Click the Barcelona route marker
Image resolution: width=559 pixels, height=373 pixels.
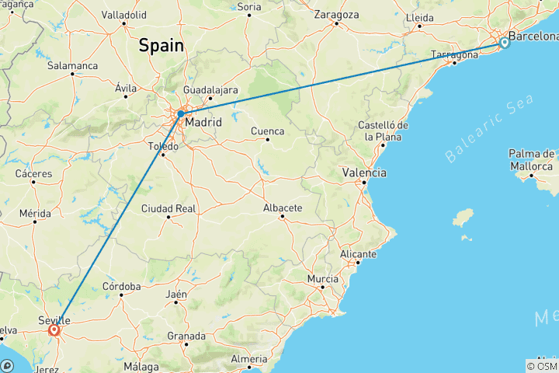pos(504,43)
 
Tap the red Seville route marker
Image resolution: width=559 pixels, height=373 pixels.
pos(54,330)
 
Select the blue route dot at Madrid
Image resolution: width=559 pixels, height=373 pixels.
pos(180,113)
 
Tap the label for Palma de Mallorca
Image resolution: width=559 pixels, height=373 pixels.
pos(532,159)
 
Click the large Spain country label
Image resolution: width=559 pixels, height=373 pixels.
pos(161,46)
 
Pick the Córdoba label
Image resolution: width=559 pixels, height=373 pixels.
pos(122,286)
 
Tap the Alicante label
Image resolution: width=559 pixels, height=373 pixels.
pos(358,254)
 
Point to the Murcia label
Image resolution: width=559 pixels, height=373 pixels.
pos(322,278)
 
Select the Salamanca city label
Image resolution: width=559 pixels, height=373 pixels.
pos(71,66)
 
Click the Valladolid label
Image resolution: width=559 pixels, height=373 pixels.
pos(123,14)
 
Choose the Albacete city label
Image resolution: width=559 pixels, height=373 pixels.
pos(282,207)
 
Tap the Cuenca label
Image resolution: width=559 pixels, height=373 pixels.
pos(266,131)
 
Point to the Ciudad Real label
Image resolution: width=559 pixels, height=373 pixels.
pos(168,207)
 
